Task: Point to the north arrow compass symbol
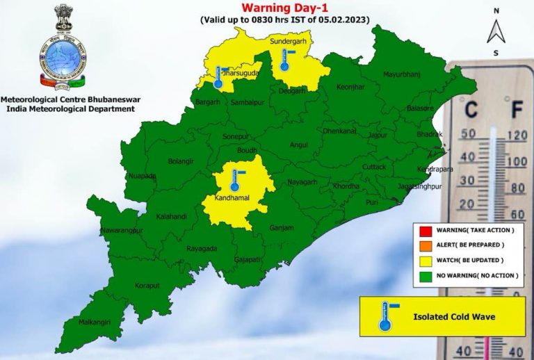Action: (x=495, y=31)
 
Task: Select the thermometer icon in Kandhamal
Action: (x=235, y=179)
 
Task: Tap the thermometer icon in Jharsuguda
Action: (x=218, y=76)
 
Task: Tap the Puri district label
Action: (x=372, y=202)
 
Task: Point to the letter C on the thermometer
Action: (x=471, y=109)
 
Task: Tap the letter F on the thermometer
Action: (x=517, y=109)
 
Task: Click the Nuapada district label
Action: (x=143, y=176)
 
